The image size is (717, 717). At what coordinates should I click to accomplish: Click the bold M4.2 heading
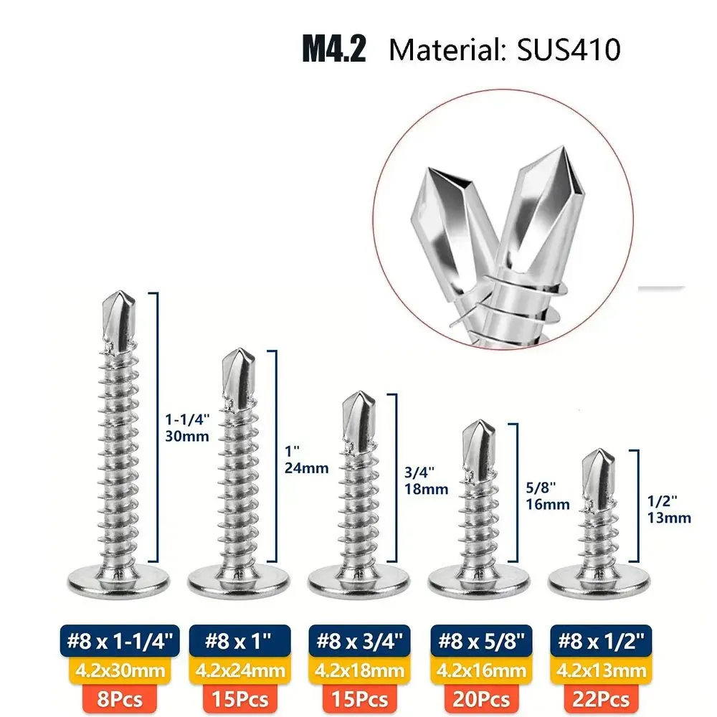click(x=334, y=49)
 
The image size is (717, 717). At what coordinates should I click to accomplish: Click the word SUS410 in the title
click(x=569, y=49)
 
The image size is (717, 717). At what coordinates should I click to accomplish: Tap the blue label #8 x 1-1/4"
click(x=120, y=640)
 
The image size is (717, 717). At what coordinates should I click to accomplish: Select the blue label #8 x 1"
click(x=240, y=640)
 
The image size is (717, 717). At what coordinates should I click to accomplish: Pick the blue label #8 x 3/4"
click(x=360, y=640)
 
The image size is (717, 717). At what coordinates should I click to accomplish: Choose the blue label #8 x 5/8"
click(x=481, y=640)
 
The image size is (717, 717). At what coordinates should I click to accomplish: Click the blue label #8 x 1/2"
click(x=602, y=640)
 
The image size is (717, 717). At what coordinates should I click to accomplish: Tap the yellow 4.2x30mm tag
click(x=120, y=671)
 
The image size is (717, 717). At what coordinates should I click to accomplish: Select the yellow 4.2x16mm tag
click(x=481, y=671)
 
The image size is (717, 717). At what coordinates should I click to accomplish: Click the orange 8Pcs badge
click(x=120, y=700)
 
